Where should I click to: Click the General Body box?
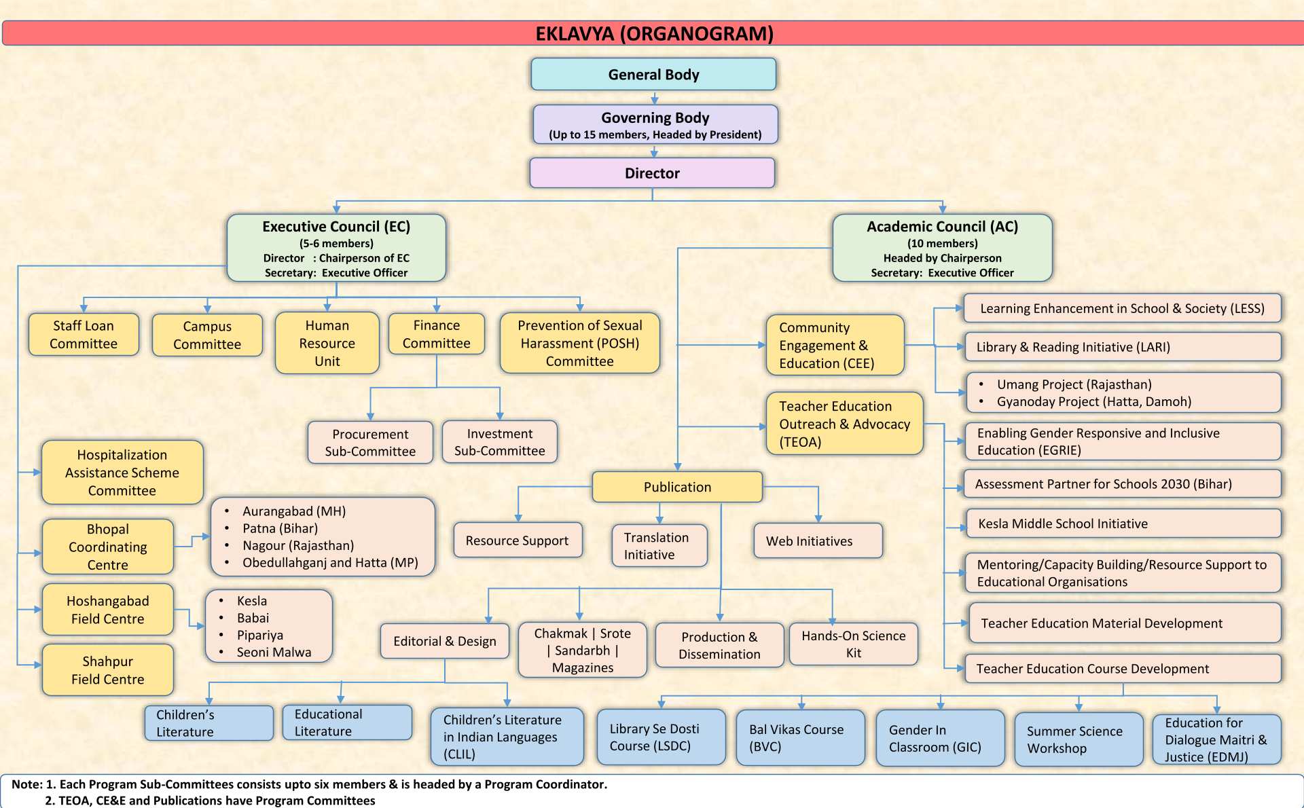pos(653,74)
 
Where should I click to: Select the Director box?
pos(652,173)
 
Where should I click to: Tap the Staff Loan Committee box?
pos(84,335)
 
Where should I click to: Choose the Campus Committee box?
pos(207,335)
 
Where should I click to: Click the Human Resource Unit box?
pos(327,343)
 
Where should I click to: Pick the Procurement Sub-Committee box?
pos(370,443)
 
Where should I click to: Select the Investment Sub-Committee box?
pos(499,442)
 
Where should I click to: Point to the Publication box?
pos(677,487)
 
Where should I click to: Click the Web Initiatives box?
pos(818,541)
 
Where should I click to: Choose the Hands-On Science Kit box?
pos(853,644)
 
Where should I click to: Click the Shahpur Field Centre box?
pos(108,670)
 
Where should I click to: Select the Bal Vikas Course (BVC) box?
pos(800,738)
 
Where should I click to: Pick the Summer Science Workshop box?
pos(1079,739)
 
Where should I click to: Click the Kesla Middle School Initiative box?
pos(1123,524)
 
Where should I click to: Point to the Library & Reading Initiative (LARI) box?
pos(1123,347)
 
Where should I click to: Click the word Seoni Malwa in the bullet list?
pos(274,653)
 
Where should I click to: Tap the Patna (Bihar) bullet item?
pos(280,528)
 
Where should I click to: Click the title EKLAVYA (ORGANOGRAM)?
pos(654,33)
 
